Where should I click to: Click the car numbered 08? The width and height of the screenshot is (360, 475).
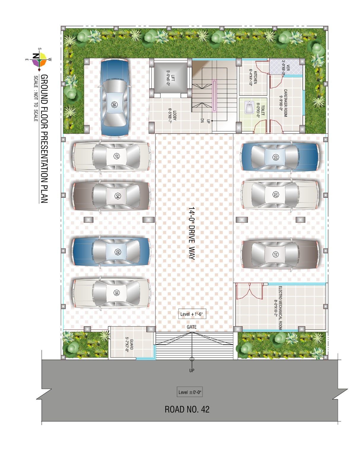pyautogui.click(x=115, y=98)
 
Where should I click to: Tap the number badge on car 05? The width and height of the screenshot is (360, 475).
pyautogui.click(x=117, y=252)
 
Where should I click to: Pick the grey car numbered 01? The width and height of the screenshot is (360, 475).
pyautogui.click(x=280, y=254)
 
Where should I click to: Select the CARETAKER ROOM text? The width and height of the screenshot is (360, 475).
pyautogui.click(x=285, y=103)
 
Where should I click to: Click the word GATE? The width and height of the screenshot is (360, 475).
pyautogui.click(x=191, y=327)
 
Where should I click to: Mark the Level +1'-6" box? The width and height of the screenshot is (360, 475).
pyautogui.click(x=192, y=314)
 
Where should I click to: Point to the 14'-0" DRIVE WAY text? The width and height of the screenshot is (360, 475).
pyautogui.click(x=191, y=233)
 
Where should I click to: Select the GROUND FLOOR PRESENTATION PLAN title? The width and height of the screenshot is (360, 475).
pyautogui.click(x=44, y=139)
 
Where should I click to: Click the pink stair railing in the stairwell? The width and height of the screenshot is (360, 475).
pyautogui.click(x=214, y=96)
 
